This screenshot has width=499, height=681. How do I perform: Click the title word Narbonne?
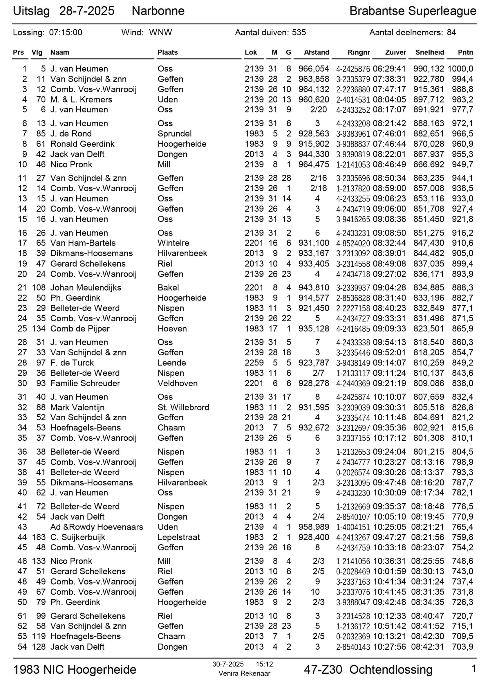(x=158, y=11)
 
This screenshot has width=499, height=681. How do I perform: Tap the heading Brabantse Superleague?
(x=413, y=11)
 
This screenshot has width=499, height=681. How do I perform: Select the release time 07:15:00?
(x=66, y=33)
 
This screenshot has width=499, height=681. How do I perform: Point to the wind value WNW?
(x=160, y=33)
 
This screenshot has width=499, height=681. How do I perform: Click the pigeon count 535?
(x=299, y=33)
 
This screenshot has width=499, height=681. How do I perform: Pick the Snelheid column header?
(x=430, y=52)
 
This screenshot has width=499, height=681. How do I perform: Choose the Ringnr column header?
(x=359, y=52)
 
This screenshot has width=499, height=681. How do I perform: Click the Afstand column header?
(x=316, y=52)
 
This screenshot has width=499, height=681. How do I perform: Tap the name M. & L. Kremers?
(x=81, y=100)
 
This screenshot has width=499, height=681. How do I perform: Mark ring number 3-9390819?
(x=353, y=154)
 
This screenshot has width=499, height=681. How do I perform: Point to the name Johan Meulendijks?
(x=86, y=287)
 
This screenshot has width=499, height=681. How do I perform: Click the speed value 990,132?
(x=429, y=69)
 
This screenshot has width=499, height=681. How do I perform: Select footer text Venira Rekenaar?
(x=244, y=673)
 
